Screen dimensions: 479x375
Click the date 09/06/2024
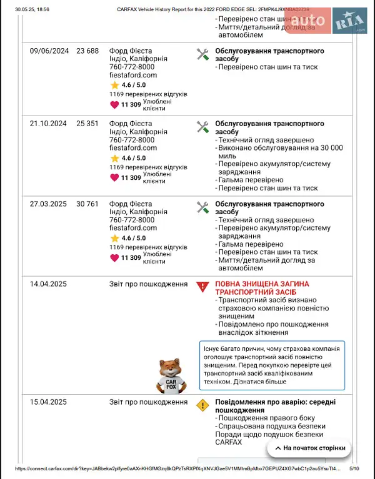(49, 51)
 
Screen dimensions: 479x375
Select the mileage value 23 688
(87, 51)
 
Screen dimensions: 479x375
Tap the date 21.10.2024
(48, 124)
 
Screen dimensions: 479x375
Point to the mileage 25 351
(87, 124)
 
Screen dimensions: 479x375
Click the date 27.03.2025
(48, 204)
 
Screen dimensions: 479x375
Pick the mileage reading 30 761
(87, 204)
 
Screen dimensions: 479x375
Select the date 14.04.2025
(48, 284)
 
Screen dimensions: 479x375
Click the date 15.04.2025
(48, 402)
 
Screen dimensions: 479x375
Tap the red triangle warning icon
(202, 287)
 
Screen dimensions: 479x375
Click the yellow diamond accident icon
(202, 405)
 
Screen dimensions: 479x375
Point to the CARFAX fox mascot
(170, 376)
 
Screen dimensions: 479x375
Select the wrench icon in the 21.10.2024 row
(202, 127)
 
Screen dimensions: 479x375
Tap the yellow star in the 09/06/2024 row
(114, 84)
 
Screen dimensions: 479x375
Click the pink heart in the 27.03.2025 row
(114, 257)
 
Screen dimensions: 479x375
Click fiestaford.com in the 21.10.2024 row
(132, 149)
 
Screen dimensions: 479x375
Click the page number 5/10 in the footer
(354, 468)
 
